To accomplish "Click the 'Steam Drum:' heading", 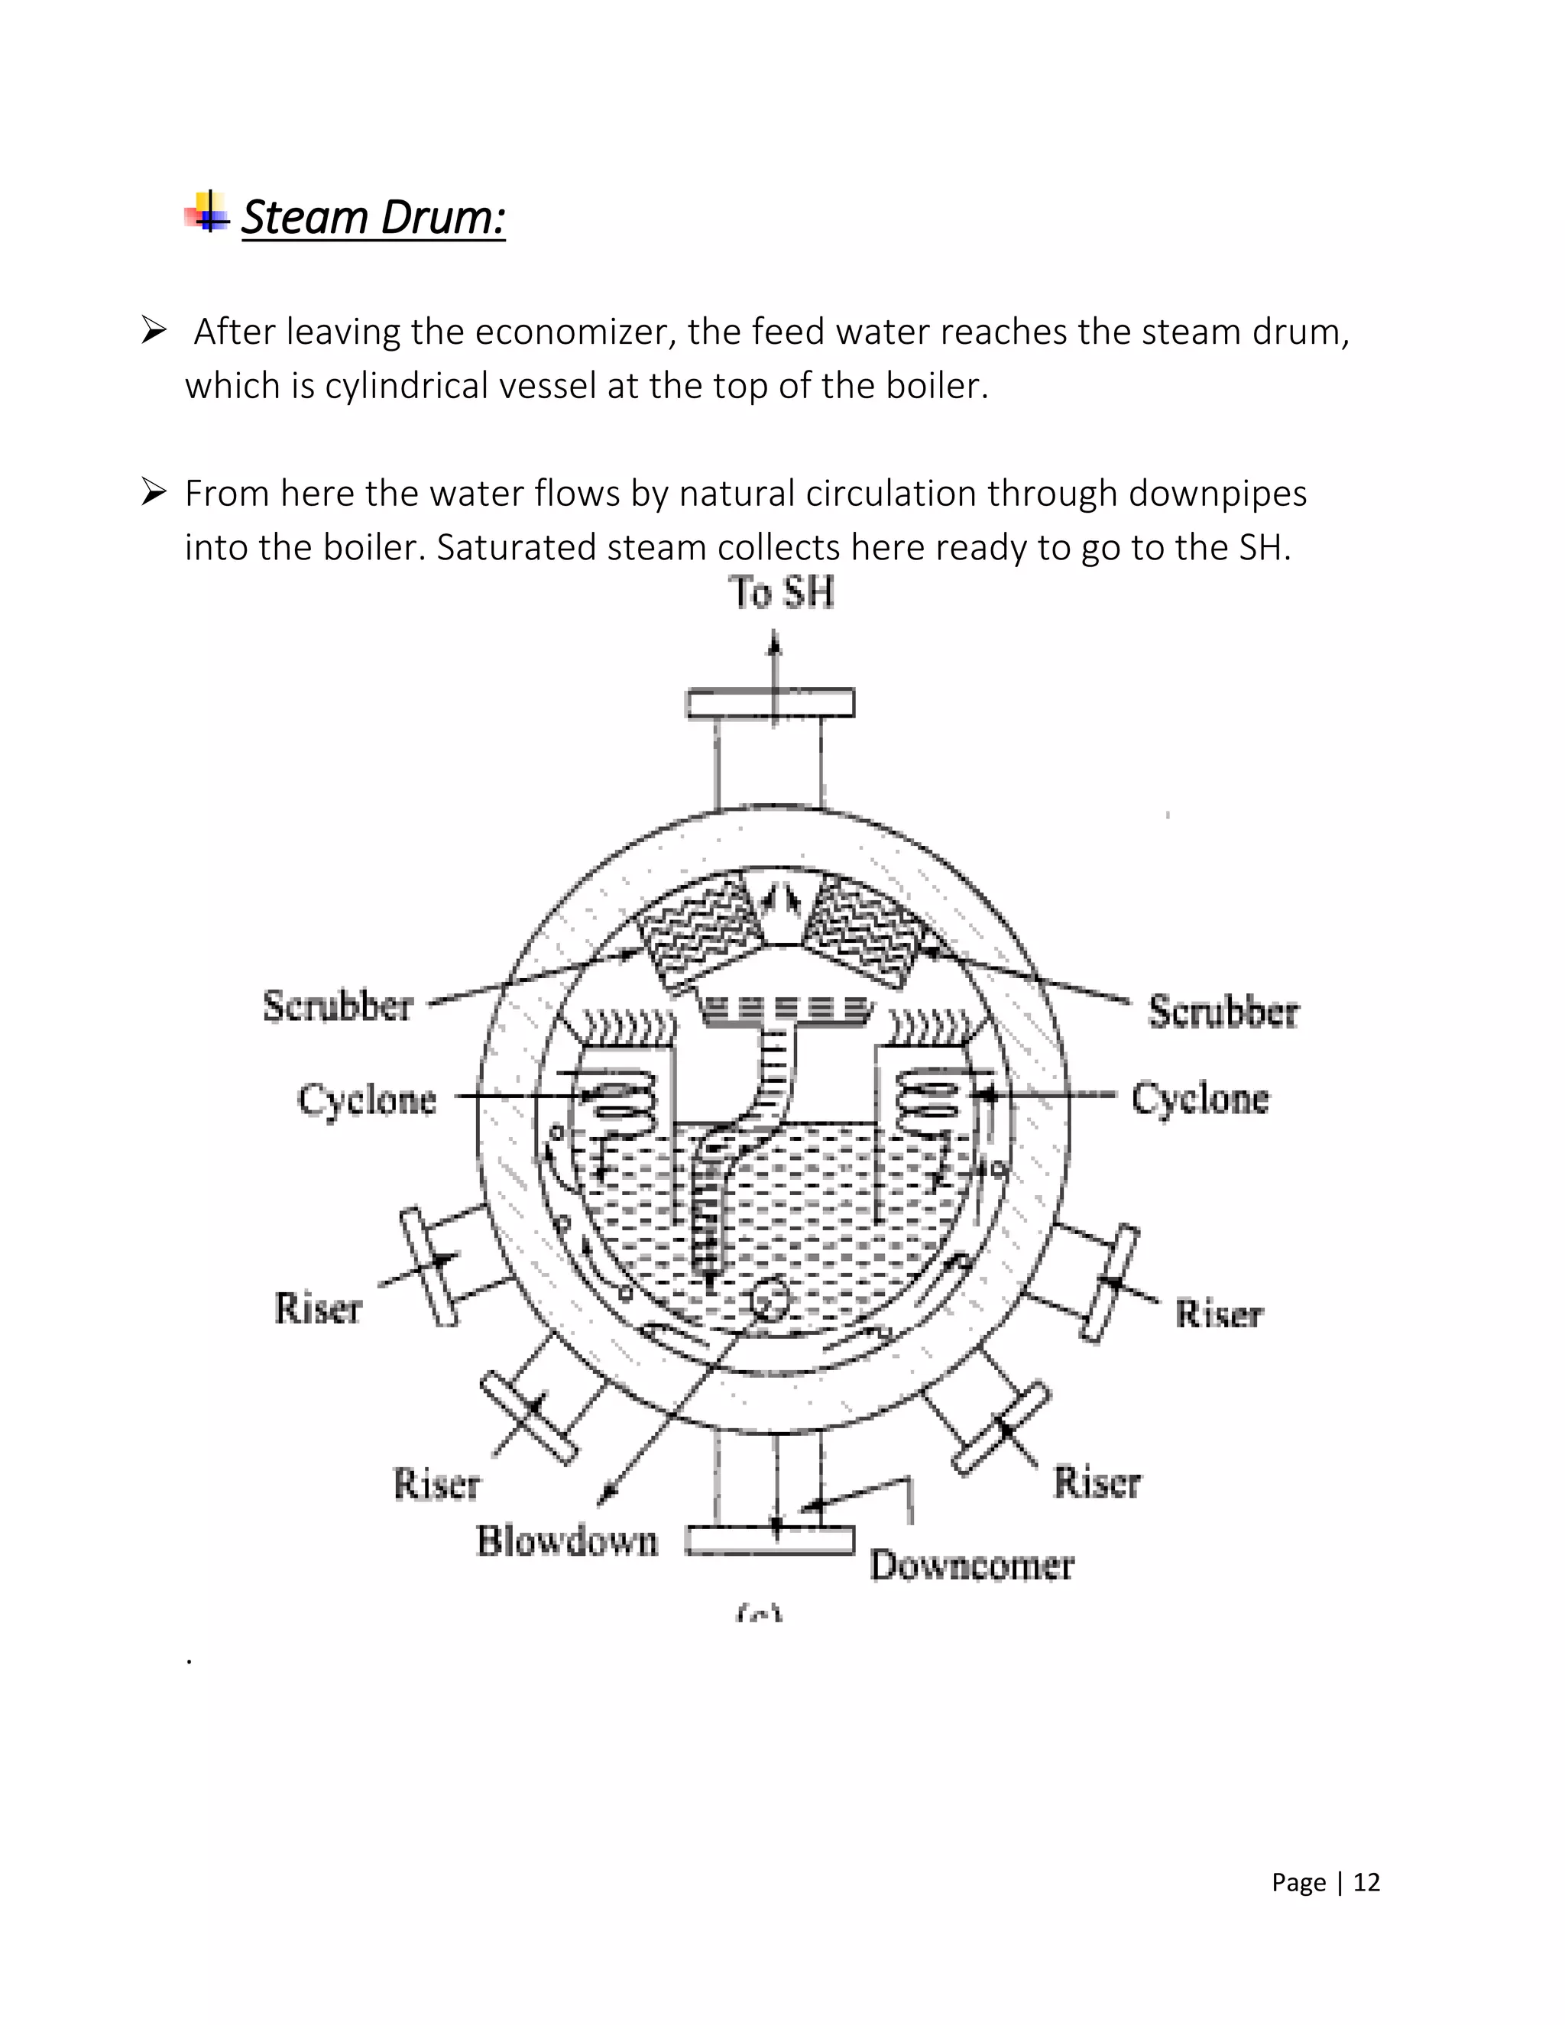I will pyautogui.click(x=373, y=218).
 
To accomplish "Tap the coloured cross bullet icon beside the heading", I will pyautogui.click(x=208, y=213).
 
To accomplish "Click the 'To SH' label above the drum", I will pyautogui.click(x=781, y=592).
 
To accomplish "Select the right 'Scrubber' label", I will pyautogui.click(x=1223, y=1012).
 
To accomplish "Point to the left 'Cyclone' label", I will pyautogui.click(x=366, y=1100).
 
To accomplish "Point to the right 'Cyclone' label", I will pyautogui.click(x=1200, y=1098).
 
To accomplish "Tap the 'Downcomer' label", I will pyautogui.click(x=970, y=1565).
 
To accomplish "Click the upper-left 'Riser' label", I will pyautogui.click(x=317, y=1308).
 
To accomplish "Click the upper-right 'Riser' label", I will pyautogui.click(x=1218, y=1314).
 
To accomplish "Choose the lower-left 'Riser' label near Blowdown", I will pyautogui.click(x=436, y=1483).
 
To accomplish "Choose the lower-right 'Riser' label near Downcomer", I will pyautogui.click(x=1097, y=1482).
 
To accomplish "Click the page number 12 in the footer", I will pyautogui.click(x=1366, y=1882).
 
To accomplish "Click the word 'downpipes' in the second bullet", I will pyautogui.click(x=1217, y=494).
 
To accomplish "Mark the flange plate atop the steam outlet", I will pyautogui.click(x=770, y=703).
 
